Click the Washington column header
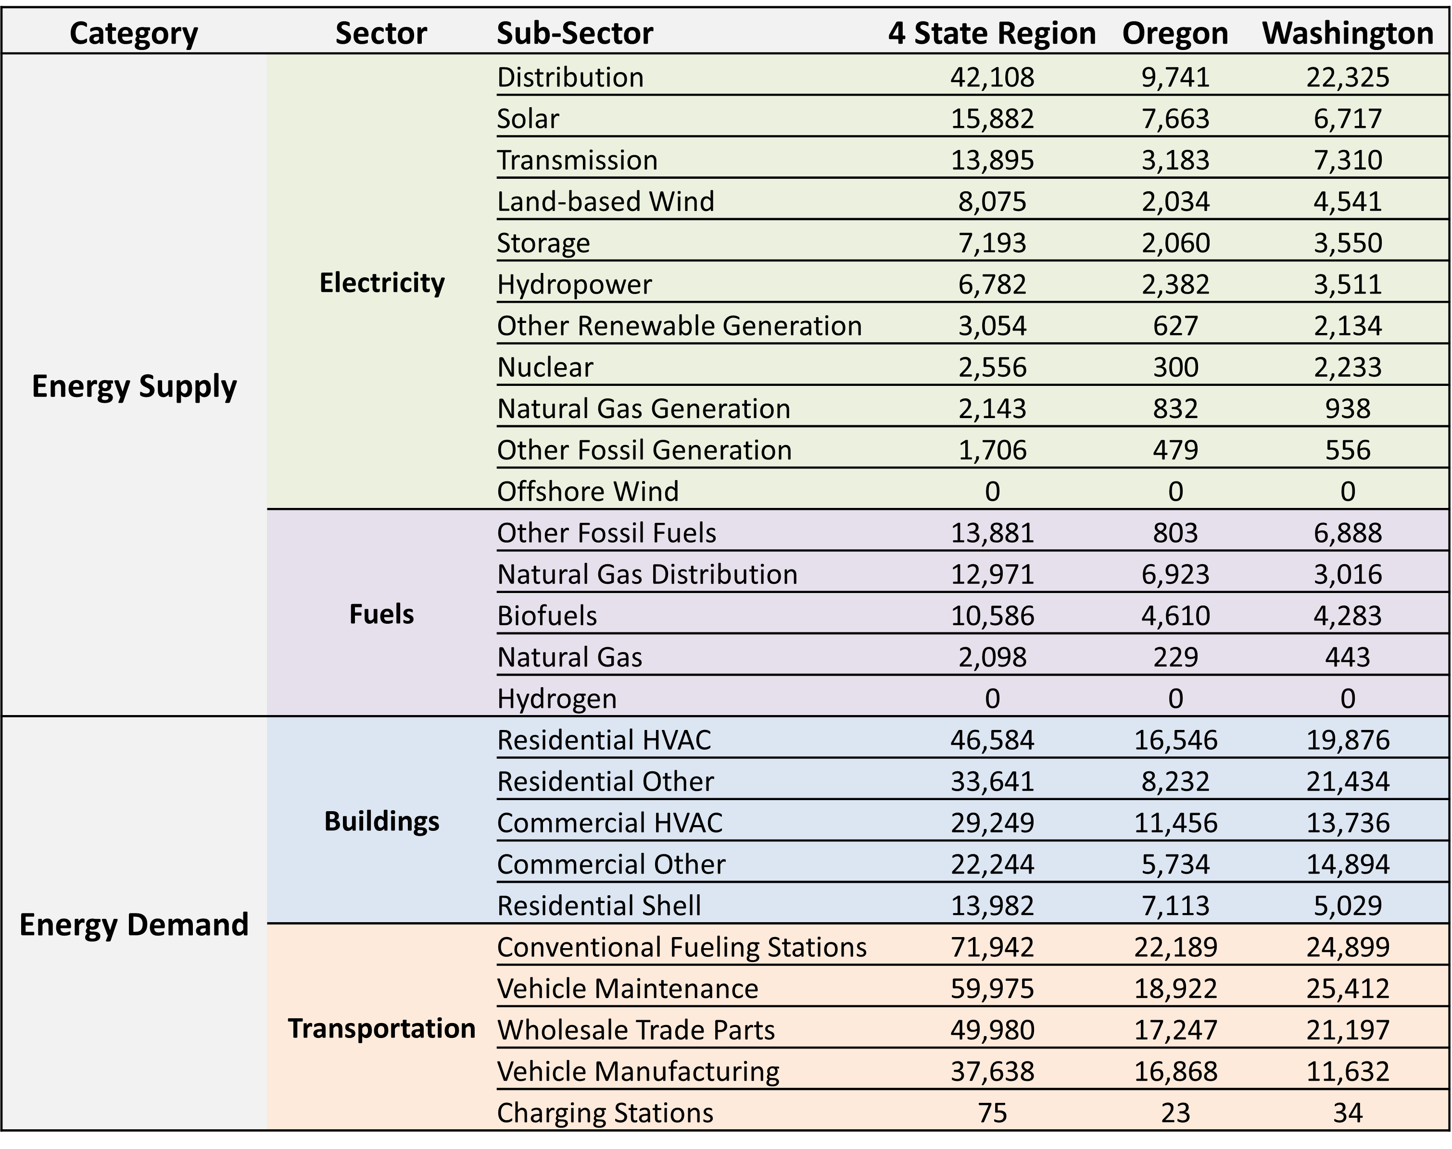click(x=1347, y=33)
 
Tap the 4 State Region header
click(x=992, y=33)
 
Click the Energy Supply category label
click(x=134, y=386)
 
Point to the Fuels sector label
click(x=381, y=614)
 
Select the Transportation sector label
click(x=381, y=1028)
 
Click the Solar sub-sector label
click(x=528, y=118)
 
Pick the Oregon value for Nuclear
click(x=1175, y=367)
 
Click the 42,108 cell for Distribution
click(x=992, y=77)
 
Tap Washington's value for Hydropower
click(x=1348, y=284)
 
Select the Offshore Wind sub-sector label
click(x=588, y=492)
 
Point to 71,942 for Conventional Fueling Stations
click(x=992, y=947)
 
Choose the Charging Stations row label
click(x=605, y=1112)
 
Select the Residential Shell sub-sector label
click(x=598, y=905)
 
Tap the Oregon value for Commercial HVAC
click(x=1175, y=823)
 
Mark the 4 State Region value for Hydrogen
click(x=992, y=699)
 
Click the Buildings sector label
click(x=381, y=821)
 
